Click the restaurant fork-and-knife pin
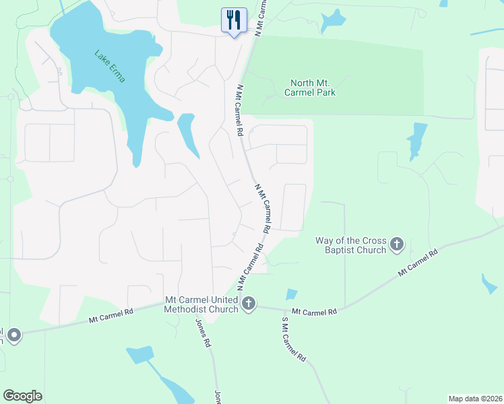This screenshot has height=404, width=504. [232, 20]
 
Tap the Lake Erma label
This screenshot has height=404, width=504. [109, 66]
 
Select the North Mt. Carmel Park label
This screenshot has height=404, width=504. [311, 88]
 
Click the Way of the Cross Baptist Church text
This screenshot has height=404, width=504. [350, 245]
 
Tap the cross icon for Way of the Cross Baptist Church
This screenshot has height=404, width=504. [397, 244]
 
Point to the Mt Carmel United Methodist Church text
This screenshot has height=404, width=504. [201, 304]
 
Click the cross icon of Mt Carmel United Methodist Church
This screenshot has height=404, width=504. [249, 304]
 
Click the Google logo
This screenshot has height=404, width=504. [22, 396]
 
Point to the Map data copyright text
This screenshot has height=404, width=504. [474, 398]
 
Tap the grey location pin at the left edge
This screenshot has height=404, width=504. [13, 334]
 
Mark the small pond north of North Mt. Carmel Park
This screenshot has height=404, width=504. [332, 22]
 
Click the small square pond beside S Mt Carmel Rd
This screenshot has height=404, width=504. [291, 294]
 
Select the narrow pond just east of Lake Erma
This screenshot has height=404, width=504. [187, 135]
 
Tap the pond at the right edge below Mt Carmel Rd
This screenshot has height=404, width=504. [490, 283]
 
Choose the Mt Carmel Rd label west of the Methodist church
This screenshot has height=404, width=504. [111, 316]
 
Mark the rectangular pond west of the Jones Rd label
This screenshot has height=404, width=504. [140, 355]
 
